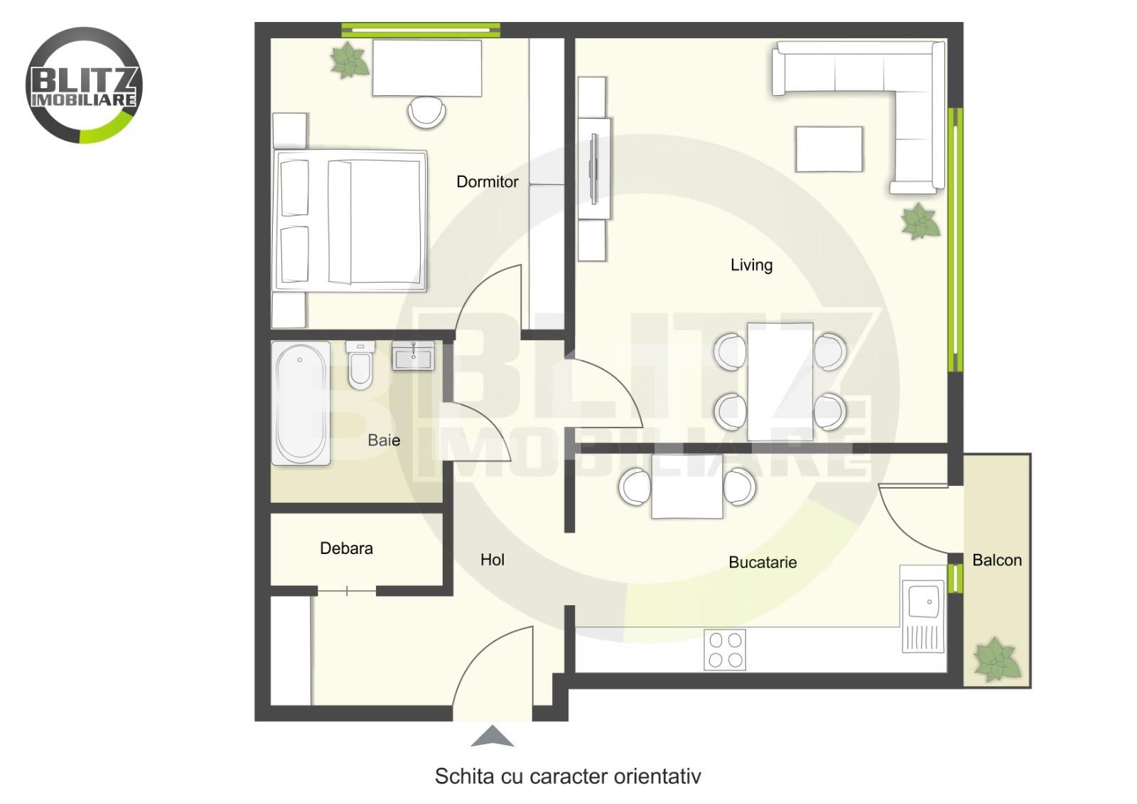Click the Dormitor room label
[x=487, y=182]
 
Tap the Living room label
[x=751, y=265]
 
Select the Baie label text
[x=384, y=440]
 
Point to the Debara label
[x=346, y=548]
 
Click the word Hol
[x=492, y=560]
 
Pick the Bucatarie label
[x=763, y=562]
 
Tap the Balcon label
[x=997, y=560]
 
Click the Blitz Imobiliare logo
[x=85, y=85]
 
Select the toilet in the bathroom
[x=360, y=365]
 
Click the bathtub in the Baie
[x=301, y=403]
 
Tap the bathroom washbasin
[x=413, y=355]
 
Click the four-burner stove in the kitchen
[x=725, y=650]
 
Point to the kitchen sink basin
[x=923, y=602]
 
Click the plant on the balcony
[x=996, y=660]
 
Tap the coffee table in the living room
[x=829, y=149]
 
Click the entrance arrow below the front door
[x=492, y=736]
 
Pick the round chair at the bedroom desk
[x=427, y=112]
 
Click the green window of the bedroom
[x=421, y=30]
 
